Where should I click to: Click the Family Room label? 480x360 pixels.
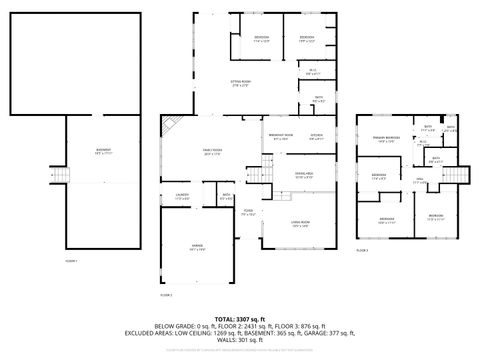click(213, 153)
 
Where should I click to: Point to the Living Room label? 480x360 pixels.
click(299, 224)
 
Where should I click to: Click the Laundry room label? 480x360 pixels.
click(182, 196)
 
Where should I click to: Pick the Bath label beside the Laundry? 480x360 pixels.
click(227, 196)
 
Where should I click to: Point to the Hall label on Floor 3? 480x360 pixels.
click(419, 182)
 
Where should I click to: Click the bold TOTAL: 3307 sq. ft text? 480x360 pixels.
click(239, 318)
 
